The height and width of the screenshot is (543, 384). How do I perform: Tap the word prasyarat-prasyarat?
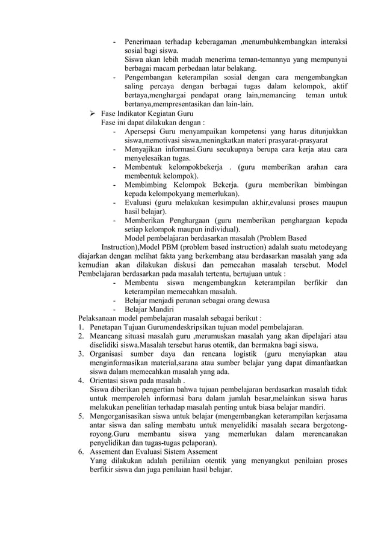(x=302, y=140)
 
